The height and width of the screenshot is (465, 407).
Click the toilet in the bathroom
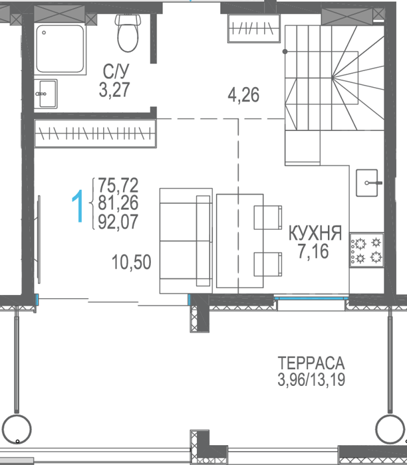pos(128,33)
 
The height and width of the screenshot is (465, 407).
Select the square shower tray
pos(60,49)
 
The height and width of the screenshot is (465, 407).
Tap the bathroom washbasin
pos(45,94)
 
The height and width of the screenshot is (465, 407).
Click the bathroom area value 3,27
pos(114,90)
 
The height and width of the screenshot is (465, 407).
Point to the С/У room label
pos(116,71)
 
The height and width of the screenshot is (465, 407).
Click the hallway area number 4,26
pos(243,95)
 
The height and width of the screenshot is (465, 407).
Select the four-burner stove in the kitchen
pos(367,250)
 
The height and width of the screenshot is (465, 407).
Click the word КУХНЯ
pos(315,232)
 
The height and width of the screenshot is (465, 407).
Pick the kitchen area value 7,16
pos(313,251)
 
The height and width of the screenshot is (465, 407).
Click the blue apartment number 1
pos(78,206)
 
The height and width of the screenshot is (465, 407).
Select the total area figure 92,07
pos(118,222)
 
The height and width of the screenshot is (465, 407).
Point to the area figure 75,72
pos(118,185)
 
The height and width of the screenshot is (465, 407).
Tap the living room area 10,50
pos(132,262)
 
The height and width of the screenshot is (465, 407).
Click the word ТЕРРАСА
pos(311,363)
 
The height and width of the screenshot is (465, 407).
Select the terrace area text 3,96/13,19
pos(311,379)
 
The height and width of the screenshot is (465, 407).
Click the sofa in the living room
pos(186,240)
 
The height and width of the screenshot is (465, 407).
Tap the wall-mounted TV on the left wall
pos(38,239)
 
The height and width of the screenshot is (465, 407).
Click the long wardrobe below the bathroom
pos(95,133)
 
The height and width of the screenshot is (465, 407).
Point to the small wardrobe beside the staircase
pos(254,29)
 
